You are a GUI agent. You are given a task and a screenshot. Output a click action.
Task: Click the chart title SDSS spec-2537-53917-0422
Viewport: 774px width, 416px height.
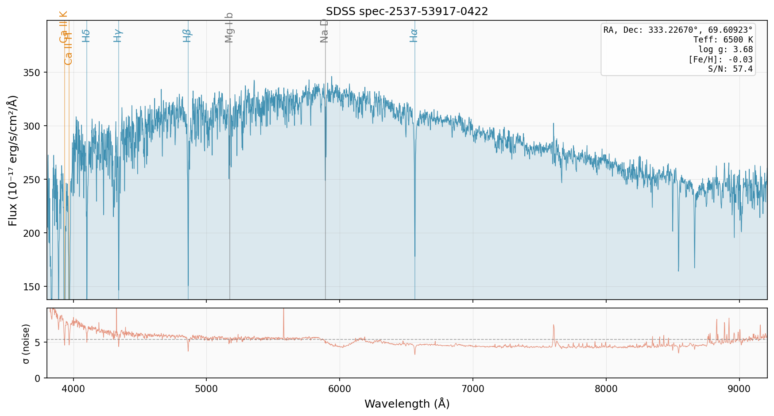[x=406, y=12]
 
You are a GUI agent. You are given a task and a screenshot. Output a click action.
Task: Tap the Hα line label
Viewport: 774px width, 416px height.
[x=414, y=35]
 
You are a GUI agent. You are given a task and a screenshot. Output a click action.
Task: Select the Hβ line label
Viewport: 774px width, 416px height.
[x=187, y=35]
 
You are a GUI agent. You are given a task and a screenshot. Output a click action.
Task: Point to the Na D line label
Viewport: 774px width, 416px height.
[x=325, y=31]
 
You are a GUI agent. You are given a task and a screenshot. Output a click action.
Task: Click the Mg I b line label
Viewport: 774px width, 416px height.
[x=229, y=27]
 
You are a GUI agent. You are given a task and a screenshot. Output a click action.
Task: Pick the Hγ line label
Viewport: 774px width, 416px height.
[x=118, y=35]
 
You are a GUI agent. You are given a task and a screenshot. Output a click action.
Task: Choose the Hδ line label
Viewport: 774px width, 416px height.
[x=86, y=35]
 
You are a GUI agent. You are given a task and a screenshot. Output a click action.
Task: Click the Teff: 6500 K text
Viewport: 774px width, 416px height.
[x=723, y=40]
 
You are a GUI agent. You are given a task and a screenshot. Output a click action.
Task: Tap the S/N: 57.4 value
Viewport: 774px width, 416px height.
[x=730, y=69]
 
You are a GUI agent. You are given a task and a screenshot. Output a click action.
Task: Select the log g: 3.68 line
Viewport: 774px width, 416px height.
[x=725, y=50]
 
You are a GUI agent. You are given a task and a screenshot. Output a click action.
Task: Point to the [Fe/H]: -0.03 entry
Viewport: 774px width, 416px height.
[x=720, y=59]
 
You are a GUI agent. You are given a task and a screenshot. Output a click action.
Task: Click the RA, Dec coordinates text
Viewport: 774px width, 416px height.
[x=678, y=30]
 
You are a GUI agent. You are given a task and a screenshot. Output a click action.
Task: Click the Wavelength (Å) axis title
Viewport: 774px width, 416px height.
[x=406, y=404]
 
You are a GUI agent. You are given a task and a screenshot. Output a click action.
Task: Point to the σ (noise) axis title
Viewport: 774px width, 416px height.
[x=27, y=343]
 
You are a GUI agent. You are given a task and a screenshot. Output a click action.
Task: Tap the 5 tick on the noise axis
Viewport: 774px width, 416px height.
[x=38, y=343]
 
